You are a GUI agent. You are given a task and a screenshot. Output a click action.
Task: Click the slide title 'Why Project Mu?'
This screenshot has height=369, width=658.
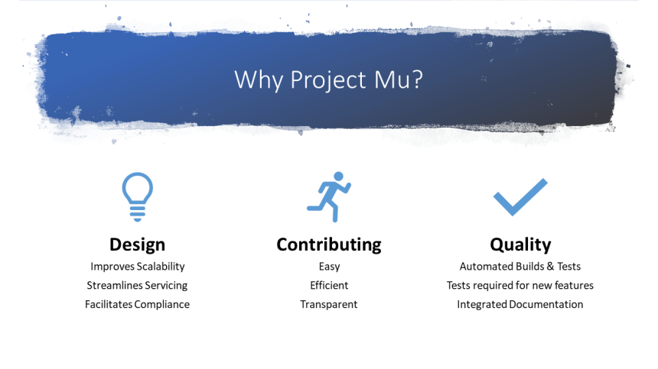[x=328, y=79]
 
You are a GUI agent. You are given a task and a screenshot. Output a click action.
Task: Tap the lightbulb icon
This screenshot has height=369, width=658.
[x=137, y=196]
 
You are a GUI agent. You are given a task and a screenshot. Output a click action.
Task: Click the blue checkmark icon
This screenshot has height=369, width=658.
[x=520, y=197]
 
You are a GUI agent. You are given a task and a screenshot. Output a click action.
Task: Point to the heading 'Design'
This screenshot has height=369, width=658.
[x=137, y=244]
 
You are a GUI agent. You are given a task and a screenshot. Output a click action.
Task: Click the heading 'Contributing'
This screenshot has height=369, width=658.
[x=328, y=244]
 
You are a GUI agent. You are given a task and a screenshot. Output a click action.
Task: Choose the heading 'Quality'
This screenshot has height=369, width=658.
[x=520, y=244]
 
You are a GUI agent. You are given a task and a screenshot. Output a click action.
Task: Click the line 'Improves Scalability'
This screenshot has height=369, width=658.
[x=137, y=267]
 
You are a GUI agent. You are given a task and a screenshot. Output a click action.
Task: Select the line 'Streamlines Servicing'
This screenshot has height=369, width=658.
[x=137, y=285]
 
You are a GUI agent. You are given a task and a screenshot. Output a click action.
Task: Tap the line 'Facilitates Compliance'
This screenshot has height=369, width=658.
[x=137, y=304]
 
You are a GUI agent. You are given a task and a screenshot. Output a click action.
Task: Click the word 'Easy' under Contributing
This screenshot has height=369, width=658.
[x=329, y=267]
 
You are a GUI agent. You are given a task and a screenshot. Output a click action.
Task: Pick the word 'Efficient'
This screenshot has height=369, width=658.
[x=329, y=285]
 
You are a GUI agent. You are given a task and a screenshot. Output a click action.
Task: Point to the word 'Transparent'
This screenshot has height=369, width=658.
[x=329, y=304]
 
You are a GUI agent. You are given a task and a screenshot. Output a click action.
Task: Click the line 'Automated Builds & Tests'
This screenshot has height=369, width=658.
[x=520, y=267]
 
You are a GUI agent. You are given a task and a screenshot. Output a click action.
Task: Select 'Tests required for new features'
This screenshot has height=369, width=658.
[x=520, y=285]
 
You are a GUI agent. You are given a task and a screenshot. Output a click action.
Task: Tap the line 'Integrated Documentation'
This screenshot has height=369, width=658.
[x=520, y=304]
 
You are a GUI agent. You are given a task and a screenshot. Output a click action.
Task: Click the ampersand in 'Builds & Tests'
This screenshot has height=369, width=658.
[x=548, y=267]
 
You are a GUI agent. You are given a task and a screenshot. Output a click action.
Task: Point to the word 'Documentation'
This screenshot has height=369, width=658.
[x=546, y=304]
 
